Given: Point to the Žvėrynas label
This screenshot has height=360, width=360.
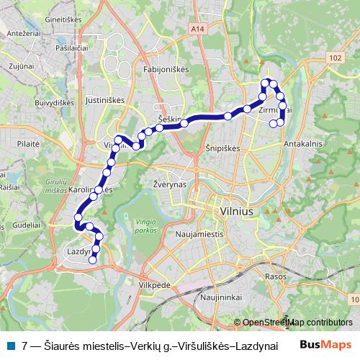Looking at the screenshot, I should pos(170,184).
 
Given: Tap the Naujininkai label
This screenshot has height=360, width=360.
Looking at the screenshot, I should pos(219,297).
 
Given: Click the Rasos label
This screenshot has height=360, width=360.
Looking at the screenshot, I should pos(276,276).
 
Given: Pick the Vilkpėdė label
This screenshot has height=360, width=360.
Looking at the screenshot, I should pos(154,285).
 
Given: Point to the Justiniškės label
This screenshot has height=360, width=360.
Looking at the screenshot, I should pos(105,100).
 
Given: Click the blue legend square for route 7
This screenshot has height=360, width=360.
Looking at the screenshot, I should pos(11,345).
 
